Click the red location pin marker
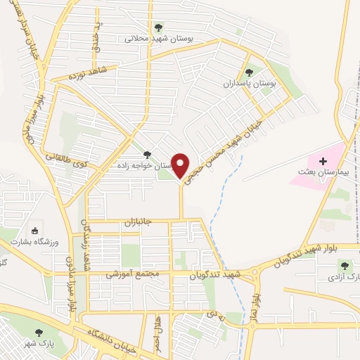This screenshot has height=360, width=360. [181, 166]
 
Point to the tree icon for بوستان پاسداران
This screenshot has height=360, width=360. [249, 72]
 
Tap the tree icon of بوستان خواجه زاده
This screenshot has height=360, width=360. [147, 155]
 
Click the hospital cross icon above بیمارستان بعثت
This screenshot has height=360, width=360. [323, 162]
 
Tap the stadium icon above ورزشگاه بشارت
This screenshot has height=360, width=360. [34, 230]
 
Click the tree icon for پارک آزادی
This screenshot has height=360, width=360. [345, 265]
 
